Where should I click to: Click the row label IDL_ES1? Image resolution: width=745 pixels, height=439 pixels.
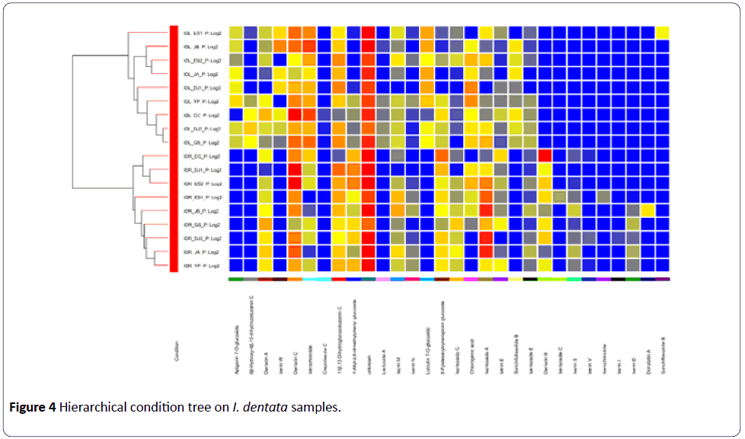(x=201, y=32)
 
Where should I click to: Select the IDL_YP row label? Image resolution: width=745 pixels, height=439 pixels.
(x=201, y=101)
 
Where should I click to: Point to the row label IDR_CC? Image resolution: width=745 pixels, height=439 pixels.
(x=201, y=155)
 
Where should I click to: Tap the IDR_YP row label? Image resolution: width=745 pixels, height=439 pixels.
(x=201, y=265)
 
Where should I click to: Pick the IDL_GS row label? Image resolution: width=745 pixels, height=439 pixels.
(x=201, y=142)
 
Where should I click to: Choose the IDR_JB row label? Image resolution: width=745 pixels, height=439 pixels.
(x=201, y=210)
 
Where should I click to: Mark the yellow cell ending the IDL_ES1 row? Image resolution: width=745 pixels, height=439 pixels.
(x=662, y=32)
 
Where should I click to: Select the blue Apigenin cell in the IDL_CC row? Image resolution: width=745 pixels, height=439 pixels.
(x=236, y=114)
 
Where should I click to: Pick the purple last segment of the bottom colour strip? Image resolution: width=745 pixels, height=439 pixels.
(x=662, y=280)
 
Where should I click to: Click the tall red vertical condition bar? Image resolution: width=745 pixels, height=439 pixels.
(x=174, y=149)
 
